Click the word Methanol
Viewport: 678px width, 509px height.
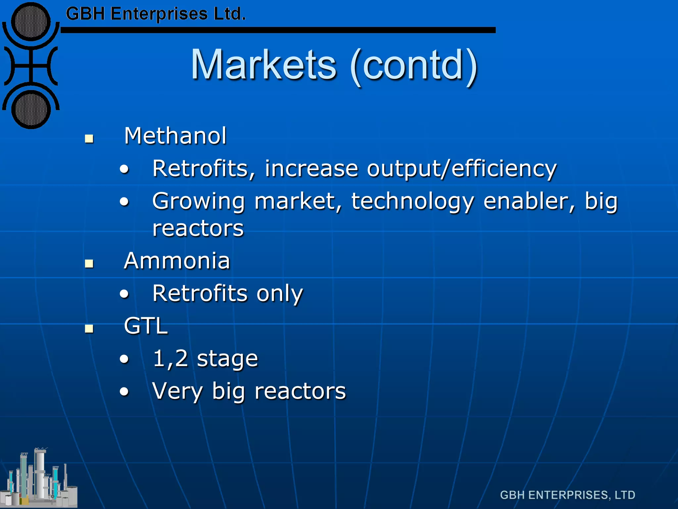click(175, 136)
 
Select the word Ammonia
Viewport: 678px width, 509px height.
click(177, 261)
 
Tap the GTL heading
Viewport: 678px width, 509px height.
click(146, 326)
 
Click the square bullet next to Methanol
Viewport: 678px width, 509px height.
click(89, 139)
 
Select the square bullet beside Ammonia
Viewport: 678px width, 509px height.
click(89, 263)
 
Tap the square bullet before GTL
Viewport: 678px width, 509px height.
click(89, 328)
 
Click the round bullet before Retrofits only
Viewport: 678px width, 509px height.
click(124, 294)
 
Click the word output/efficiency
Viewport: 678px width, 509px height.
click(462, 169)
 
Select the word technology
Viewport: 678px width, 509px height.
click(413, 201)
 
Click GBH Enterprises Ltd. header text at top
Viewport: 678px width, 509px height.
click(156, 14)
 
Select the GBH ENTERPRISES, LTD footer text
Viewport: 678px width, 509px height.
click(567, 495)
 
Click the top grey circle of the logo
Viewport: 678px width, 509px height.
click(31, 22)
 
